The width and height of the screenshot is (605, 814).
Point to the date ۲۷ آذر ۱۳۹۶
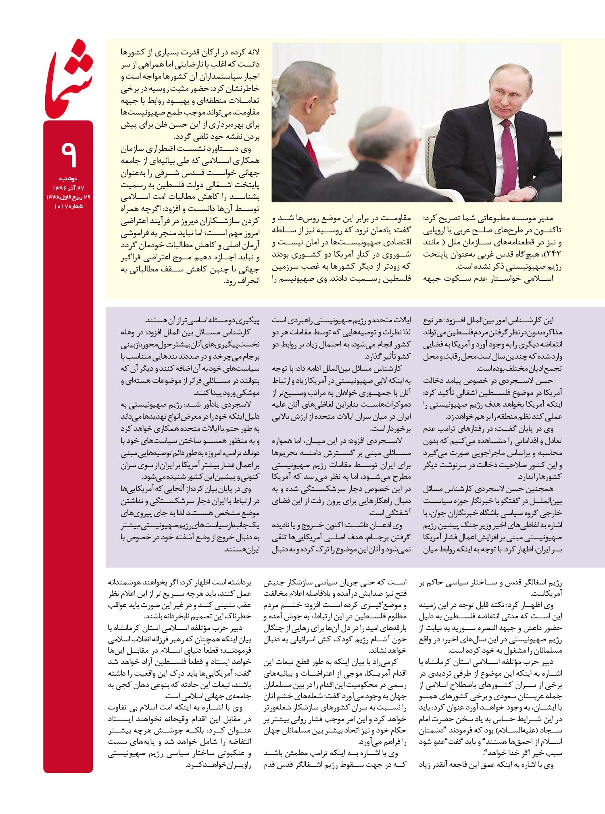coord(68,188)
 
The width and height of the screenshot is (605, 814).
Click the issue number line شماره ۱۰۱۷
coord(68,207)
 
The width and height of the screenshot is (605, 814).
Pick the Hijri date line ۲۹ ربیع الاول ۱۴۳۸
coord(68,197)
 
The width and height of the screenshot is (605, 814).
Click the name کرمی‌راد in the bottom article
coord(390,662)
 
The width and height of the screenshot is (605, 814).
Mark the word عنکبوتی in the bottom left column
coord(233,753)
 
